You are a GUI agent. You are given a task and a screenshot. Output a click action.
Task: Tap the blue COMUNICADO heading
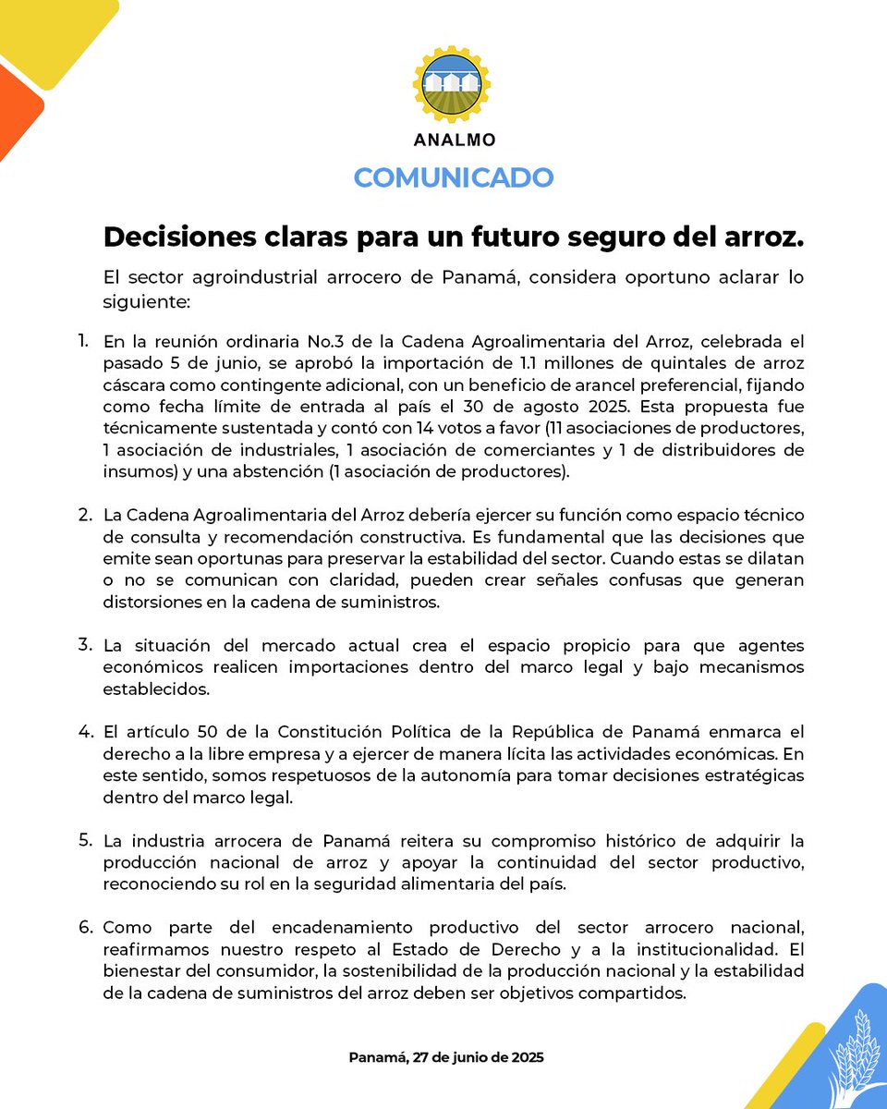454,177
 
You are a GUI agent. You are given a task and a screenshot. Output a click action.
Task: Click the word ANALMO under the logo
454,140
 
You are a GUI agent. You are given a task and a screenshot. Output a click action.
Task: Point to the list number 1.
83,340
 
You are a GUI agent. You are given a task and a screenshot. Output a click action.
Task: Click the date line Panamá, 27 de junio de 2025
446,1057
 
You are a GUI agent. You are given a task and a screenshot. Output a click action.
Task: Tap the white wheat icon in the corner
856,1054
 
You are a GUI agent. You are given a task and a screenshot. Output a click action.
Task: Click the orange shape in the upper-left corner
17,111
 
